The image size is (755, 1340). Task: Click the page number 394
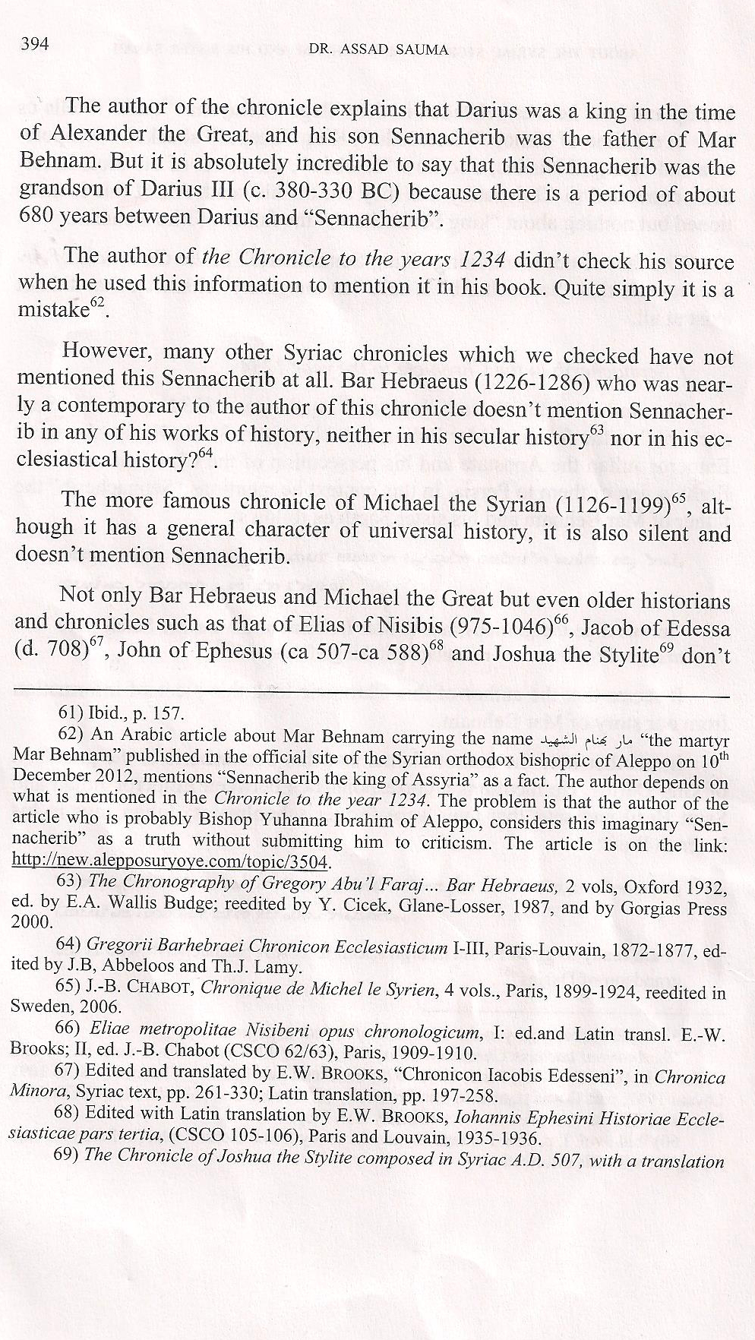[35, 44]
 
